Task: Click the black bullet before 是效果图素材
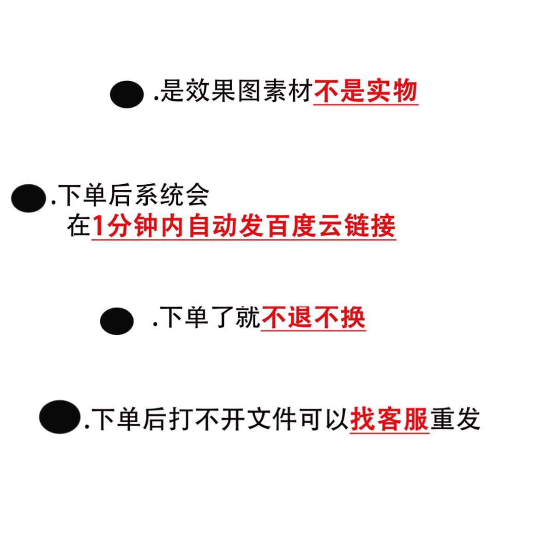(x=126, y=94)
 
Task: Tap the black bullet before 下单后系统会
(x=29, y=198)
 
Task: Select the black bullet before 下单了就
(x=117, y=321)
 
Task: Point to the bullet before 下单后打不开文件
(x=60, y=417)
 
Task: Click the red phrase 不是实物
(x=366, y=91)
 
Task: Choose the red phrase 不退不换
(x=313, y=318)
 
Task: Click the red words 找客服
(x=389, y=419)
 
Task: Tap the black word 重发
(x=455, y=419)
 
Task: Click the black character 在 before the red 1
(x=78, y=226)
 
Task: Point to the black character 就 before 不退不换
(x=248, y=318)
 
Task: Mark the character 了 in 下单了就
(x=223, y=318)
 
